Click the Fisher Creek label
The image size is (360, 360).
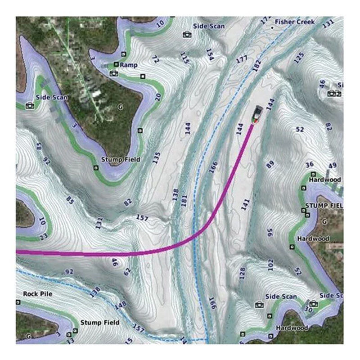[x=295, y=22]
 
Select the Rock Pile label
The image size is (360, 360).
[x=37, y=294]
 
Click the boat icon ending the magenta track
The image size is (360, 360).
[x=257, y=114]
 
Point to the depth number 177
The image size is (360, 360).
[x=242, y=59]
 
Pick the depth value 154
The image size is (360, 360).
[x=209, y=54]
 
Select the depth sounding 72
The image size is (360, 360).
[x=155, y=59]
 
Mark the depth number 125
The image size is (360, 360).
[x=298, y=57]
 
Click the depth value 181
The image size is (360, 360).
[x=184, y=201]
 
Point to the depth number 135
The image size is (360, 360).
[x=156, y=158]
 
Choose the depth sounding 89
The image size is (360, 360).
[x=270, y=165]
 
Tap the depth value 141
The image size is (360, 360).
[x=245, y=204]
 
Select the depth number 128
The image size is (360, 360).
[x=243, y=273]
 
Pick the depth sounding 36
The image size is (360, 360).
[x=310, y=164]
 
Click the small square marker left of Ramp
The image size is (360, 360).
[x=116, y=65]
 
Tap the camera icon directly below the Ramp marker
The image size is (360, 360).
[x=114, y=73]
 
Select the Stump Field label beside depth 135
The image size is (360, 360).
[x=121, y=159]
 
